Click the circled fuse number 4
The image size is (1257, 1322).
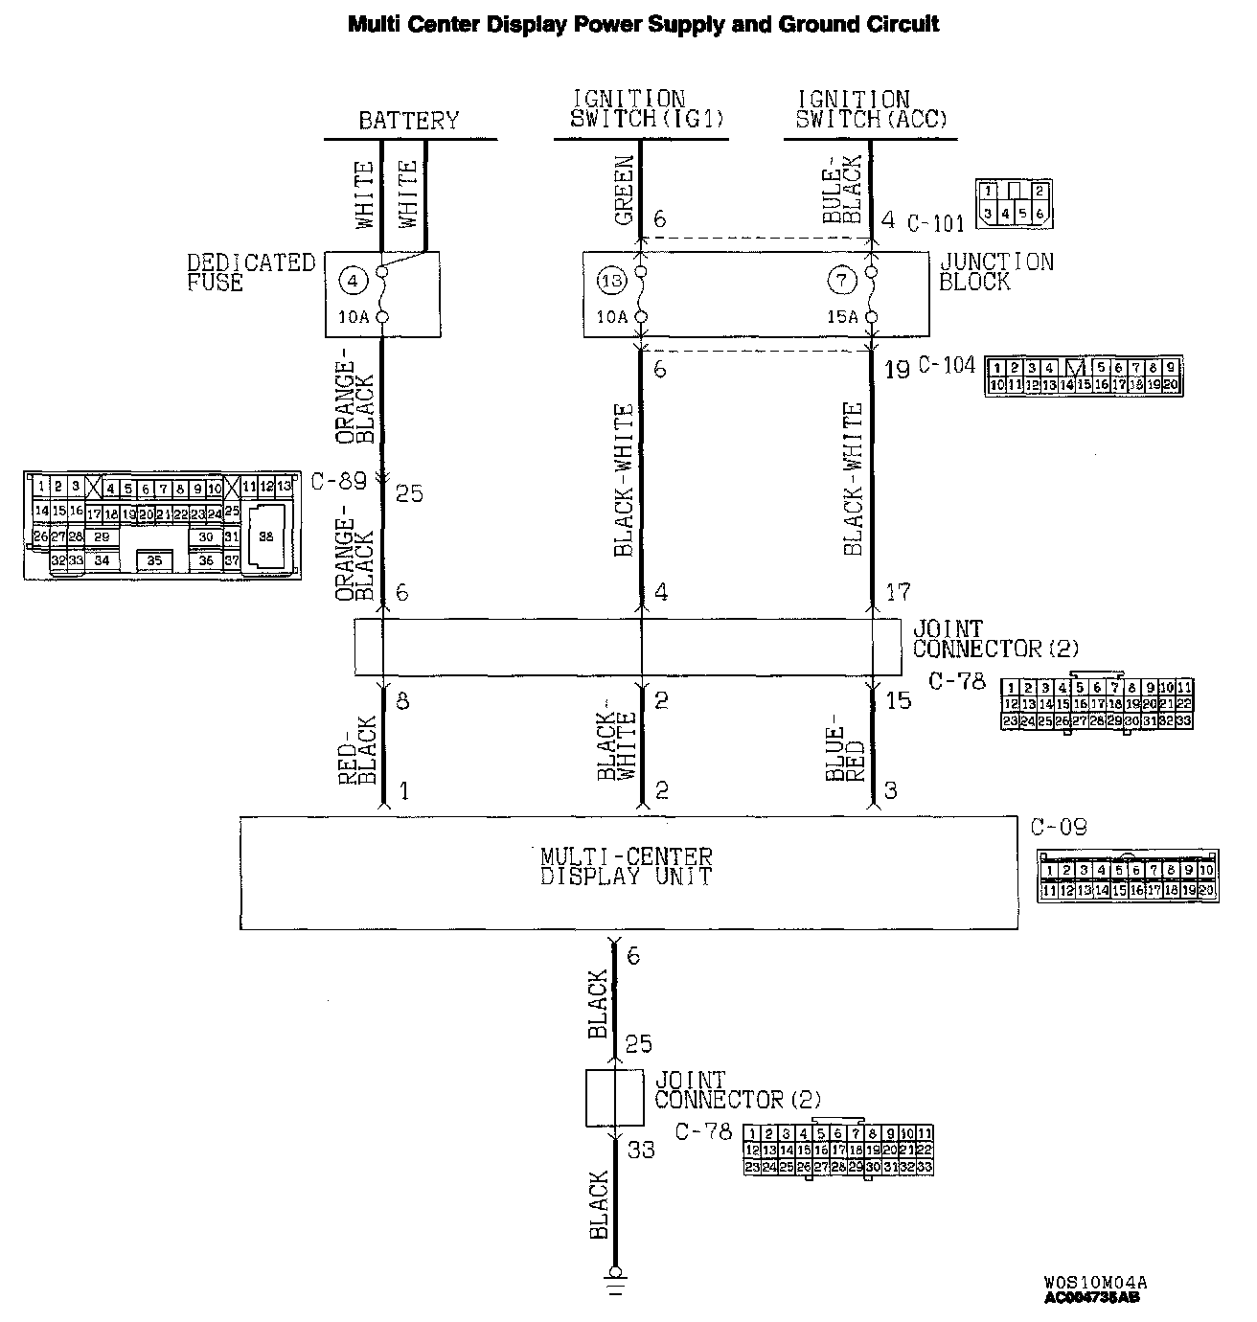[354, 281]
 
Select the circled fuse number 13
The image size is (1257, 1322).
[611, 281]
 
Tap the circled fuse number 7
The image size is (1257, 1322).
[842, 281]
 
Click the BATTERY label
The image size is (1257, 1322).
[409, 121]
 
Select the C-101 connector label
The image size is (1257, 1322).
[935, 224]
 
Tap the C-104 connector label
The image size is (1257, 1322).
[947, 365]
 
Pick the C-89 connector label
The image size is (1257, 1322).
[339, 481]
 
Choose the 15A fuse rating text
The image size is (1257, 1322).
[841, 317]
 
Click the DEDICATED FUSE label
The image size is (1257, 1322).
[250, 273]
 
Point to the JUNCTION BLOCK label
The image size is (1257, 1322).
[995, 272]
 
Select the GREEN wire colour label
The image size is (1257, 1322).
[624, 191]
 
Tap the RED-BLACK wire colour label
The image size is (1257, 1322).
[359, 750]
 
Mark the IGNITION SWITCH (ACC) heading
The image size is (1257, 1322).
[871, 109]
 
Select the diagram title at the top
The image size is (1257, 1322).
[643, 24]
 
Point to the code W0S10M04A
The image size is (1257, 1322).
[1095, 1282]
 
